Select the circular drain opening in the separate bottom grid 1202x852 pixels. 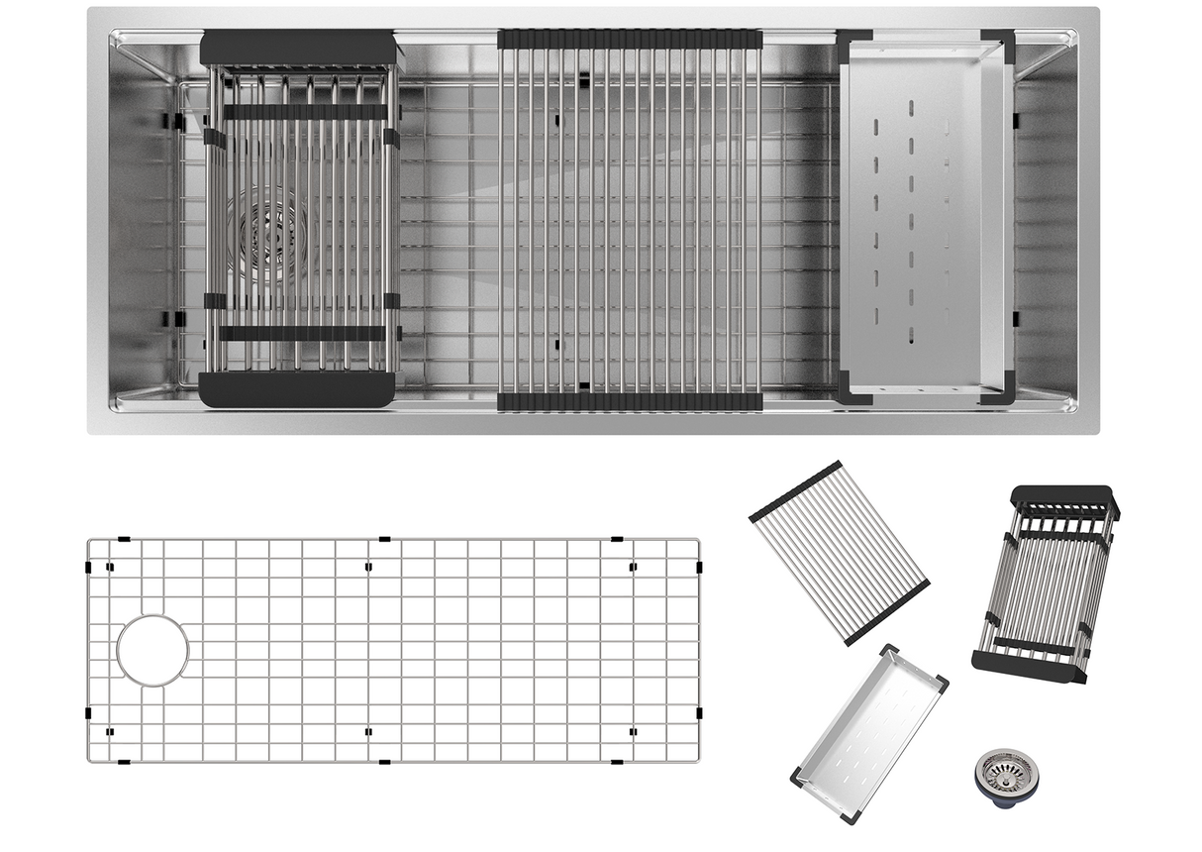[x=152, y=650]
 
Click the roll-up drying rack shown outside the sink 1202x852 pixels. [x=839, y=552]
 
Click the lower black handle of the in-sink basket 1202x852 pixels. [x=297, y=390]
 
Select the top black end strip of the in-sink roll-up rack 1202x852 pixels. [x=630, y=40]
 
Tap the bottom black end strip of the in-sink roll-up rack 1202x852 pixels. [x=630, y=401]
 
